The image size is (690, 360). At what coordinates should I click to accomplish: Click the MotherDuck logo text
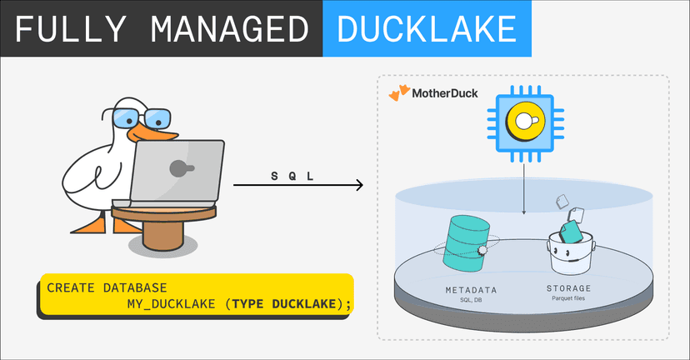445,93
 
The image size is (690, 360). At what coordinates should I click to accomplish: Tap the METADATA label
471,291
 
